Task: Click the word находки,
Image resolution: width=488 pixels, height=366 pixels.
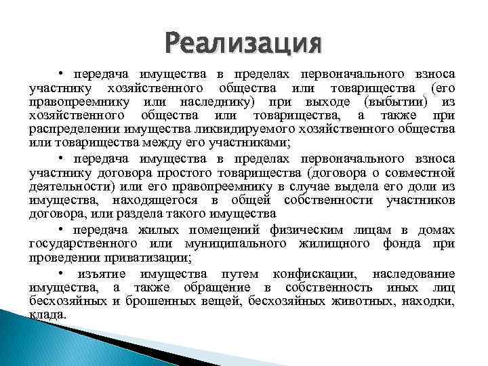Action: tap(430, 301)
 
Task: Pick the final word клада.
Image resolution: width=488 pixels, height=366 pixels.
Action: tap(48, 315)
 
